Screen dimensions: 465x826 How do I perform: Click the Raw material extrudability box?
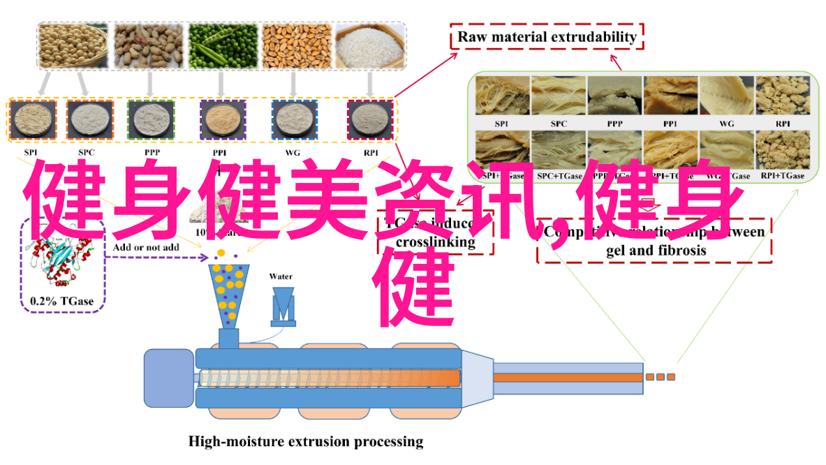pyautogui.click(x=547, y=36)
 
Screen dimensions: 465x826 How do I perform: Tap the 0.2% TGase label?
pyautogui.click(x=61, y=302)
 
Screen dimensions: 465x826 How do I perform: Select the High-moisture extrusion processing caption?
pyautogui.click(x=306, y=441)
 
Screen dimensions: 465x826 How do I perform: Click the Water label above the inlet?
pyautogui.click(x=281, y=276)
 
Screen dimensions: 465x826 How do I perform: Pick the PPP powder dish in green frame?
pyautogui.click(x=151, y=121)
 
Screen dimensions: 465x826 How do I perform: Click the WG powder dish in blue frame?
pyautogui.click(x=294, y=121)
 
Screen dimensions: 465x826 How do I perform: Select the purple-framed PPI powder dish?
pyautogui.click(x=223, y=121)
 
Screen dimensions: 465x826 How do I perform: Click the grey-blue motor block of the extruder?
pyautogui.click(x=168, y=378)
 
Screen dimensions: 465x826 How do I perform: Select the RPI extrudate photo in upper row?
pyautogui.click(x=782, y=96)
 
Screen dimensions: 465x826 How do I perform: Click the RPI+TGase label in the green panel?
pyautogui.click(x=783, y=176)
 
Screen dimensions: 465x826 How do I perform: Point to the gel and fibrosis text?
pyautogui.click(x=656, y=250)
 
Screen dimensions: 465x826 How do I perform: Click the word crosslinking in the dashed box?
pyautogui.click(x=436, y=243)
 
